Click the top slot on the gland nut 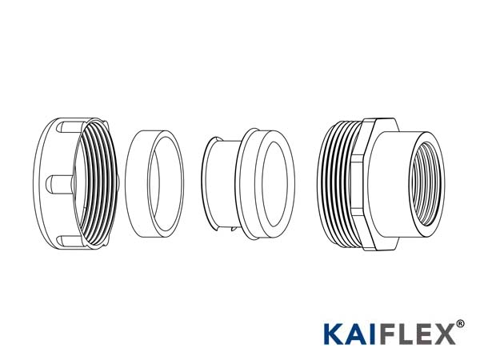click(x=70, y=127)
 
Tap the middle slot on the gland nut click(x=58, y=183)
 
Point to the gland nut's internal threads click(x=97, y=184)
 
